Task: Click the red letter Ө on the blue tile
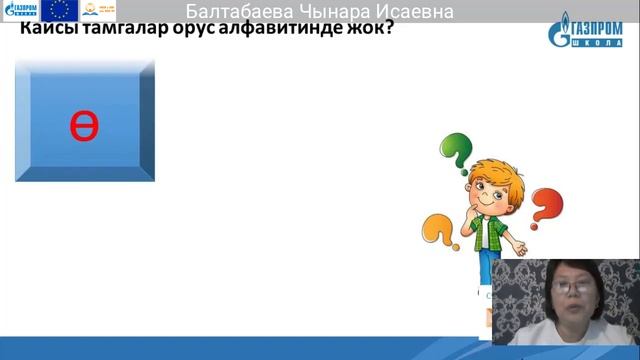pos(84,125)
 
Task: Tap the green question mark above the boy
pos(456,151)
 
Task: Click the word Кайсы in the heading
pos(46,30)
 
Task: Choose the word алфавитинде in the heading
pos(284,30)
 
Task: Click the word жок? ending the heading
pos(370,30)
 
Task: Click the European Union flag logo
pos(60,11)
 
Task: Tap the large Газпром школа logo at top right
pos(590,32)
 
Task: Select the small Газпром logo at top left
pos(21,11)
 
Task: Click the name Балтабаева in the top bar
pos(243,12)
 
